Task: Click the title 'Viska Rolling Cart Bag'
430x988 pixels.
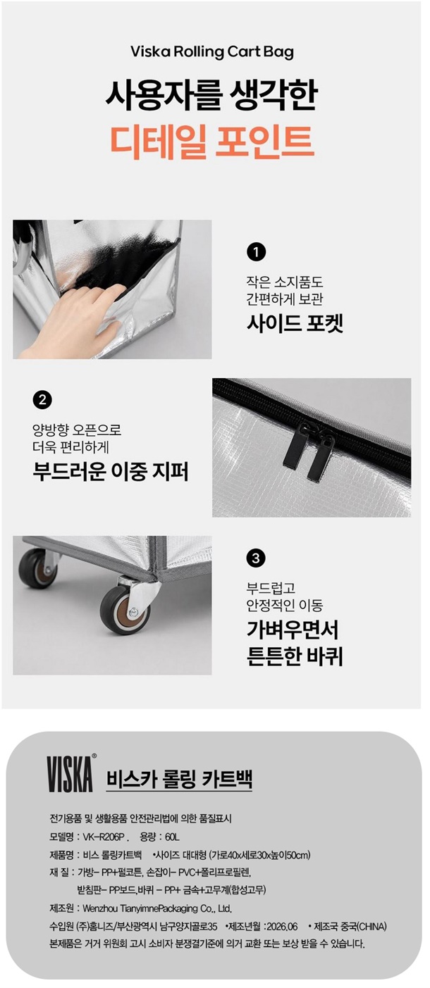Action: click(x=212, y=52)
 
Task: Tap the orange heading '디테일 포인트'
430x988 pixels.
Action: click(x=212, y=141)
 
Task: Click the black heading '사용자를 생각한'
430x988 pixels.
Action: click(x=212, y=95)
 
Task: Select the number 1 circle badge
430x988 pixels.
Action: click(x=256, y=252)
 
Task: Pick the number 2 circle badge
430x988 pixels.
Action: click(x=42, y=400)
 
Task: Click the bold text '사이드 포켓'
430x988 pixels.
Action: click(x=295, y=323)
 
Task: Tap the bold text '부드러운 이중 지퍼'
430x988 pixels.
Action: click(x=111, y=471)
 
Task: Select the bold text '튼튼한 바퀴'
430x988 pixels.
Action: click(x=295, y=656)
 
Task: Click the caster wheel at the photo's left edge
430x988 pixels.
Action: click(x=37, y=568)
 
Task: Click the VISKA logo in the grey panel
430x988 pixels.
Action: click(x=71, y=773)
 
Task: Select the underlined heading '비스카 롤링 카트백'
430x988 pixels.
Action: click(x=179, y=778)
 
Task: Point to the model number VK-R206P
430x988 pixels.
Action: click(x=104, y=837)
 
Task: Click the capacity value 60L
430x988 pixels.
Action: click(x=172, y=837)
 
